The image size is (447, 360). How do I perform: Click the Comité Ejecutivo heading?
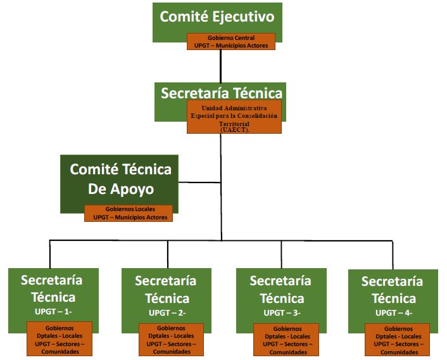(x=217, y=17)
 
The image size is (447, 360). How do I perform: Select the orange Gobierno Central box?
(x=231, y=42)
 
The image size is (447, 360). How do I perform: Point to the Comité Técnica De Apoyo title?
(x=120, y=179)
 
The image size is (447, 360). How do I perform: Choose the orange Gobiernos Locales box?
(x=130, y=213)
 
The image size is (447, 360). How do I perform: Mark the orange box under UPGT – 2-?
(x=172, y=339)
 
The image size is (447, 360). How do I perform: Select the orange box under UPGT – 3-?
(x=287, y=340)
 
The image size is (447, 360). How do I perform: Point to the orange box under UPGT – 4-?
(x=398, y=339)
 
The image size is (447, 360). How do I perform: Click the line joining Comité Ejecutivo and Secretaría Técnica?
(x=220, y=66)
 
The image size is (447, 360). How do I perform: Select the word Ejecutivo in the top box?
(x=243, y=17)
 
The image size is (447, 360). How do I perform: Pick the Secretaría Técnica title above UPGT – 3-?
(x=280, y=288)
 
